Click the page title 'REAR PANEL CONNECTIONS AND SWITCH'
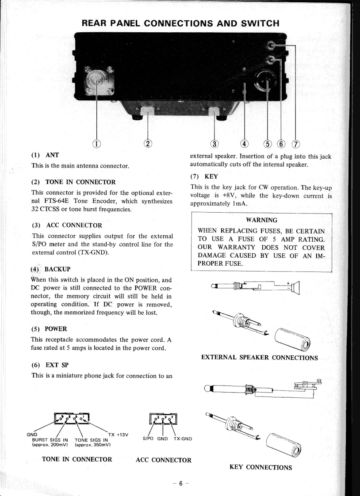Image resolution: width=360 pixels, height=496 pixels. pyautogui.click(x=181, y=23)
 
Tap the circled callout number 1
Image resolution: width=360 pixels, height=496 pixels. pyautogui.click(x=96, y=143)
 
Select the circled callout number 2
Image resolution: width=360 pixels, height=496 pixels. pyautogui.click(x=148, y=143)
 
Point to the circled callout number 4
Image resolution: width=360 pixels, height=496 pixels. pyautogui.click(x=244, y=143)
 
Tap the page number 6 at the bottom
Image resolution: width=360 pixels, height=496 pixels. pyautogui.click(x=180, y=483)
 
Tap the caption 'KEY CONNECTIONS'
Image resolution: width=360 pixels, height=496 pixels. pyautogui.click(x=261, y=467)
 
